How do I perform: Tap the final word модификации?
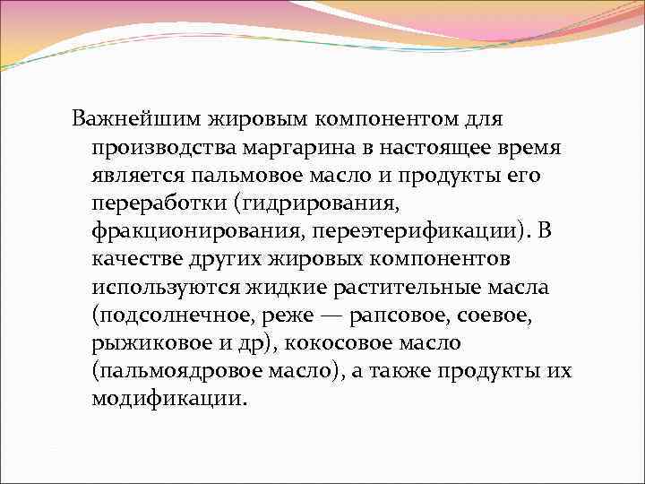(166, 398)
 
